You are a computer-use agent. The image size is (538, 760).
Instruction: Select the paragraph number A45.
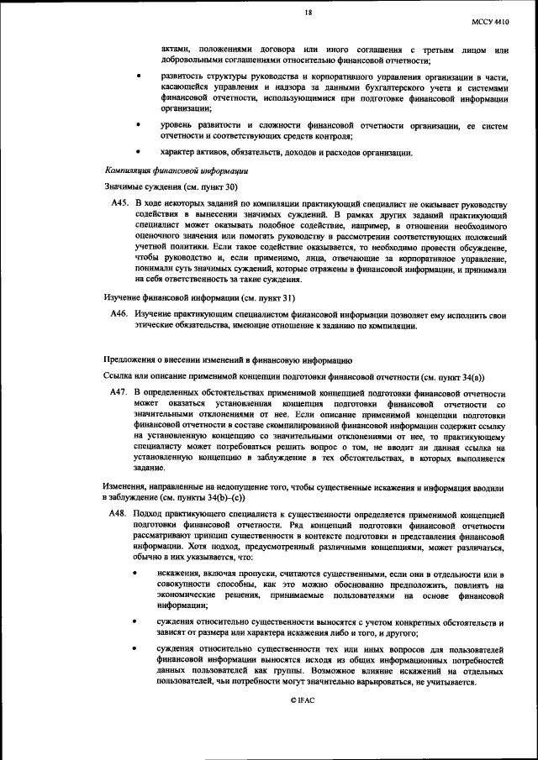(120, 202)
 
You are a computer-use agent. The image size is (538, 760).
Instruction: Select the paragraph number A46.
(120, 312)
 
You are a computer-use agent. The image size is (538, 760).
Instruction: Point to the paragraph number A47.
(120, 392)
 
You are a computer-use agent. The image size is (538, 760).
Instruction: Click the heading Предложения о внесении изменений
(221, 359)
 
